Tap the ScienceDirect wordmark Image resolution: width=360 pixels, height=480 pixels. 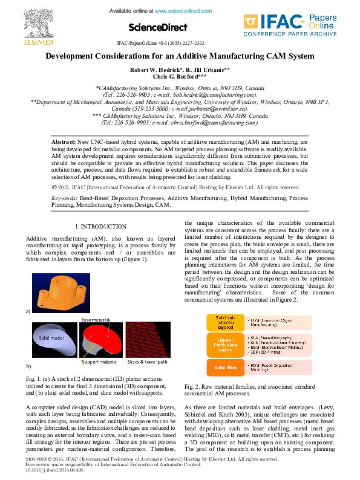154,28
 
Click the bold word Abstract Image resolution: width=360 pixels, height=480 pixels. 64,140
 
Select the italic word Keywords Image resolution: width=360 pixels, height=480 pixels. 65,198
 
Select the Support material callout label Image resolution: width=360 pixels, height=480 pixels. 97,362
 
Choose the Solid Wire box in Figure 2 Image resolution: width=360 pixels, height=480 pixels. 225,367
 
